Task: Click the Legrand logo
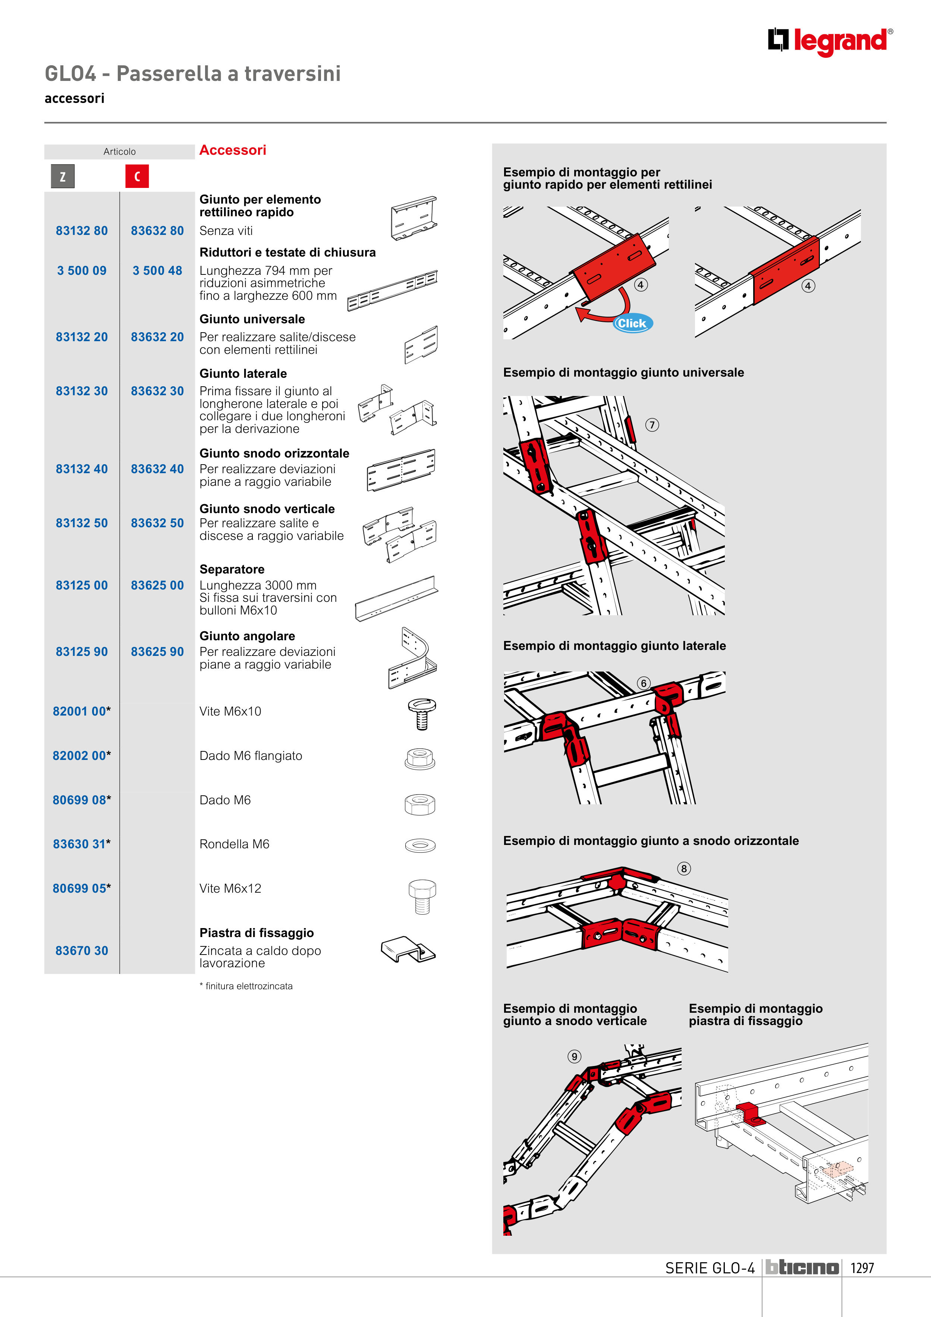(830, 41)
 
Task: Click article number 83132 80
(81, 230)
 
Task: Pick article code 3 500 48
(157, 271)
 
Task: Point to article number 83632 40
(157, 469)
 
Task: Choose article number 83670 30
(81, 950)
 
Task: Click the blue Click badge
(632, 324)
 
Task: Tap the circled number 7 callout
(652, 425)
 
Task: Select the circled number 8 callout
(684, 868)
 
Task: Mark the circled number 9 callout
(574, 1057)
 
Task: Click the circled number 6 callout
(644, 683)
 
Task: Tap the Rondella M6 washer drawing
(421, 845)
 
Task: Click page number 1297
(862, 1268)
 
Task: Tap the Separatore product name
(232, 570)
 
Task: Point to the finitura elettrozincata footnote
(246, 986)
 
